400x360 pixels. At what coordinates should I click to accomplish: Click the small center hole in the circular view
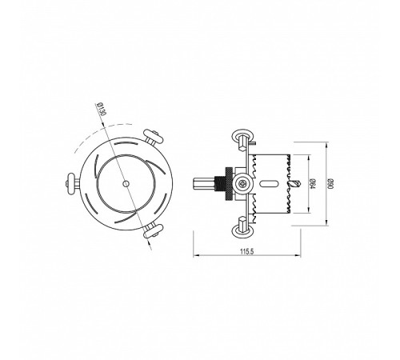(126, 183)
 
